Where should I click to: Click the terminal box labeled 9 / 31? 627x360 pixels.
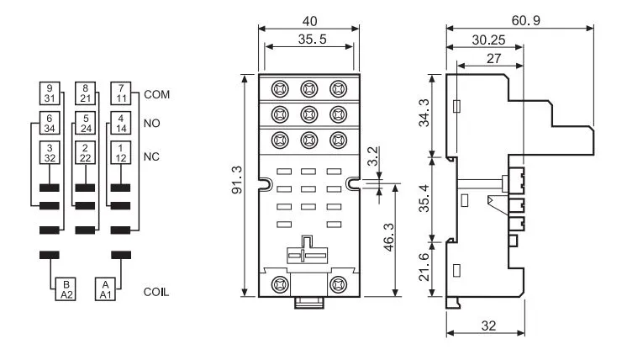[x=50, y=93]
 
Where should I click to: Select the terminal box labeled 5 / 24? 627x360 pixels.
[x=85, y=123]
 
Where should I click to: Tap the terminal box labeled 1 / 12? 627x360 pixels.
[x=121, y=152]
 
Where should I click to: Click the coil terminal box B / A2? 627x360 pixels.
[x=66, y=289]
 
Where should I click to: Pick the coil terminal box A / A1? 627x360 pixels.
[x=105, y=289]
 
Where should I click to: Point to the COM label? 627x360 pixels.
[x=156, y=94]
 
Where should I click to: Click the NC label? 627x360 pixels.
[x=151, y=156]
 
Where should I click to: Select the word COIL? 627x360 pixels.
[x=156, y=292]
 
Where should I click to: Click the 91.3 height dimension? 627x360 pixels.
[x=237, y=180]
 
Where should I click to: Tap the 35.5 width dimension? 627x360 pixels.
[x=313, y=40]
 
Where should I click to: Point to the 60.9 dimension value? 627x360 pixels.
[x=526, y=20]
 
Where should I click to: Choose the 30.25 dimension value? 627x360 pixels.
[x=488, y=40]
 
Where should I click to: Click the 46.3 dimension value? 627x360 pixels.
[x=388, y=237]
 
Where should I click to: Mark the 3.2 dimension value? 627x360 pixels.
[x=372, y=156]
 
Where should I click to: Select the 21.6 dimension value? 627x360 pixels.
[x=424, y=267]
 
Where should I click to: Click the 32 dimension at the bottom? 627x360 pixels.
[x=488, y=326]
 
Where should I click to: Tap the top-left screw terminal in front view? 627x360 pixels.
[x=280, y=89]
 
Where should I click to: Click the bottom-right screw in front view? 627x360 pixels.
[x=338, y=284]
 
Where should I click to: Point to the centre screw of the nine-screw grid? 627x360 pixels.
[x=309, y=114]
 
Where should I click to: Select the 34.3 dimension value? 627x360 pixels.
[x=424, y=113]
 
